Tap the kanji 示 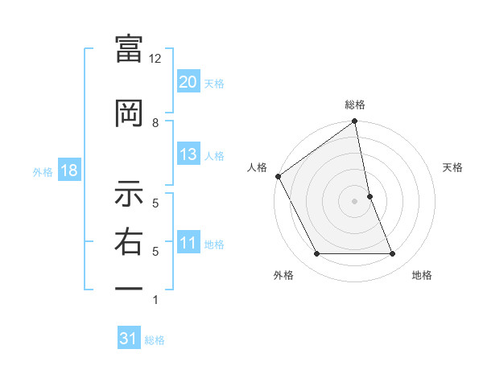[x=129, y=194]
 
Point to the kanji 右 [x=129, y=242]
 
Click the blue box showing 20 [x=188, y=82]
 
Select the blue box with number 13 [x=188, y=154]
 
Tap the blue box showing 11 [x=188, y=244]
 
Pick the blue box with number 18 [x=68, y=171]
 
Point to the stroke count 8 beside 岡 [x=155, y=122]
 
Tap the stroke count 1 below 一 [x=155, y=300]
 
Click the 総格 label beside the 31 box [x=155, y=340]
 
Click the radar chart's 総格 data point [x=355, y=122]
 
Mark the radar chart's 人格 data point [x=278, y=176]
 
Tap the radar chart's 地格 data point [x=393, y=254]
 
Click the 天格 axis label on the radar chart [x=453, y=167]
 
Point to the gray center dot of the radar [x=355, y=201]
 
